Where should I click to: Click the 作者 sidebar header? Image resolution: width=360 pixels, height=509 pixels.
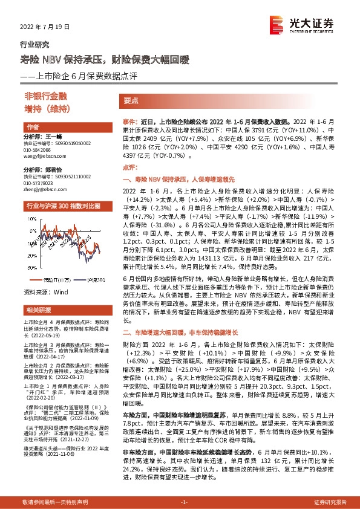(33, 127)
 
